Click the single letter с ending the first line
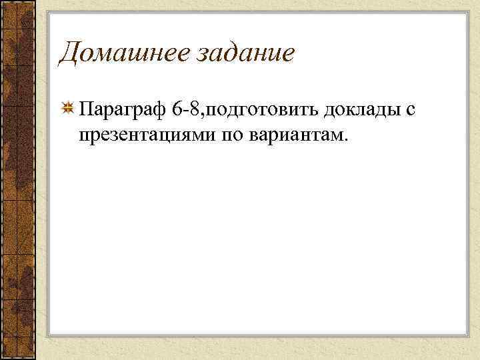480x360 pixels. click(x=401, y=111)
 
